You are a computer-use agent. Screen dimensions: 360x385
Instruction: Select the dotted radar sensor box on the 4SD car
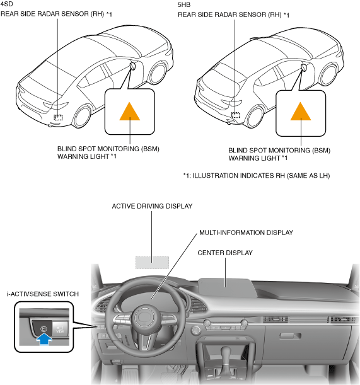coord(58,117)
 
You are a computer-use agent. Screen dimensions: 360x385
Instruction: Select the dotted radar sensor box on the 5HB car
coord(236,115)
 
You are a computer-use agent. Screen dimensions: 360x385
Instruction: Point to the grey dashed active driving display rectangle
coord(153,263)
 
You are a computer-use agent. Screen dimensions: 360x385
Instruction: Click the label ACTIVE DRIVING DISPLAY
coord(152,206)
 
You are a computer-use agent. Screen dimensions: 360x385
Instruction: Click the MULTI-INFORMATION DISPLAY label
coord(246,233)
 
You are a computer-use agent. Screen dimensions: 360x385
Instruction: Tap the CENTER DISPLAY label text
coord(225,253)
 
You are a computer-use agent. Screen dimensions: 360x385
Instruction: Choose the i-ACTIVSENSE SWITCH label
coord(43,294)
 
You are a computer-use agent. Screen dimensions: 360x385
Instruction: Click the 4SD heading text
coord(7,4)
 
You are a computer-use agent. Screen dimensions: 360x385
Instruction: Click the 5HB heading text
coord(184,4)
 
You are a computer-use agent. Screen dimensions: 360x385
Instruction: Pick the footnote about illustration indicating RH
coord(257,176)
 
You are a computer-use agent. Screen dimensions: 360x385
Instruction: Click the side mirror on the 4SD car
coord(132,66)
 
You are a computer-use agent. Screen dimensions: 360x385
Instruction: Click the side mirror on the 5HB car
coord(305,67)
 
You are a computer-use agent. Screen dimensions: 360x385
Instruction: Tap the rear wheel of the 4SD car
coord(83,117)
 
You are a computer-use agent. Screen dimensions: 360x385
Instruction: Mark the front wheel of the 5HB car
coord(329,74)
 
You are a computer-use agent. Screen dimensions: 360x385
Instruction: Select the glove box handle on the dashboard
coord(291,336)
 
